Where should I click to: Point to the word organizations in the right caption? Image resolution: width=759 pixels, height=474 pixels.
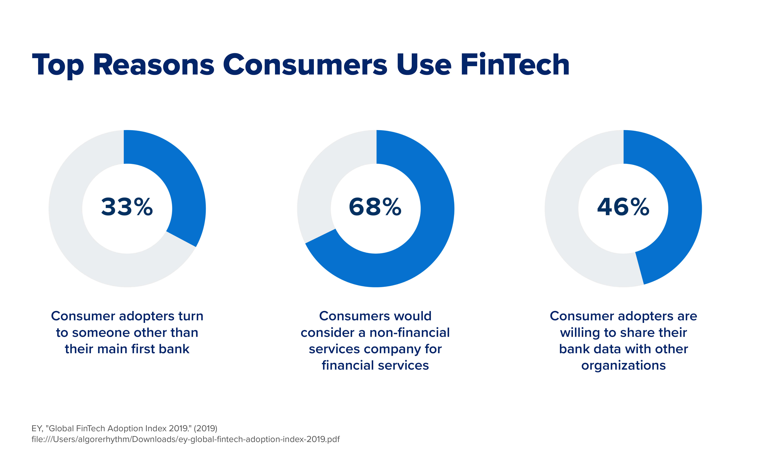pos(623,366)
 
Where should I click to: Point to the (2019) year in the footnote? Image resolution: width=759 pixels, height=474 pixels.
pos(205,428)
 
